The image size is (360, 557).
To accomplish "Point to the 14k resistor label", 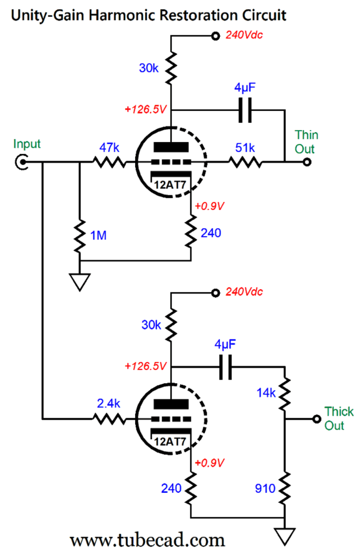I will (265, 393).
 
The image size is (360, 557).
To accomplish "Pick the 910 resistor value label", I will (264, 487).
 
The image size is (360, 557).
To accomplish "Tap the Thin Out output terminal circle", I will (306, 163).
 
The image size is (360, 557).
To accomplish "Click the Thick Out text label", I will (338, 418).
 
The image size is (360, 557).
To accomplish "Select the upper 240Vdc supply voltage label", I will (244, 35).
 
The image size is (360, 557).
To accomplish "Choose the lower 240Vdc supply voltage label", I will (244, 292).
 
